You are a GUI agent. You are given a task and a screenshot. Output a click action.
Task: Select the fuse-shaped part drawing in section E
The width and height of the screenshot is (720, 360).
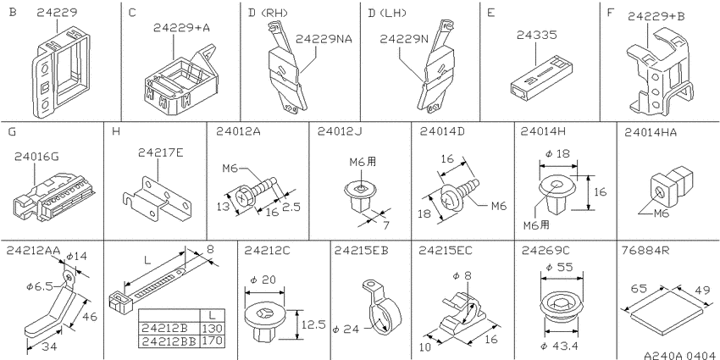point(535,78)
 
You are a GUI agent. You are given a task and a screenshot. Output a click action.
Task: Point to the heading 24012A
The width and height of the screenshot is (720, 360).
point(239,131)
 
